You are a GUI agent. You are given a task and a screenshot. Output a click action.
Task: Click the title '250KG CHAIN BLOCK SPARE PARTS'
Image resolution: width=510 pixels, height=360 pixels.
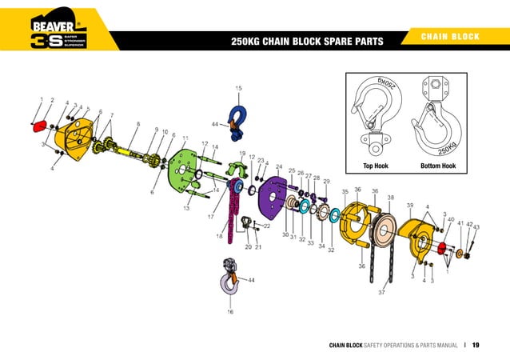(307, 41)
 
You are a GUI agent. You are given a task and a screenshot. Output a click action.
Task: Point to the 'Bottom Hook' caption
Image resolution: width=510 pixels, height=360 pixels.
(438, 166)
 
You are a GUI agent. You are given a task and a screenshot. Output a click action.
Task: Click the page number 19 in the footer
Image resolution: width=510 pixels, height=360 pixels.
(475, 346)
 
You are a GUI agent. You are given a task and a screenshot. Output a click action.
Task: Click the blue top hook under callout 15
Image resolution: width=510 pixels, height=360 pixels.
(238, 120)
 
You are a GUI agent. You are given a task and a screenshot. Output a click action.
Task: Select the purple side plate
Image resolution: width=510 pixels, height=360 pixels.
(273, 201)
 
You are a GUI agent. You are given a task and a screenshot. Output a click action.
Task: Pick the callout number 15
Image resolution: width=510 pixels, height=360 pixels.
(238, 87)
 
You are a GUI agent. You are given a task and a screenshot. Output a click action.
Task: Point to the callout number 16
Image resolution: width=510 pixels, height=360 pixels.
(230, 311)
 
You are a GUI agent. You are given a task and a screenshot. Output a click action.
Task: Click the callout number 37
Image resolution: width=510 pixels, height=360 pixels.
(382, 293)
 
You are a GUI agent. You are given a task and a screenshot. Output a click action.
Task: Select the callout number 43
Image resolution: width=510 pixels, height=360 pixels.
(476, 228)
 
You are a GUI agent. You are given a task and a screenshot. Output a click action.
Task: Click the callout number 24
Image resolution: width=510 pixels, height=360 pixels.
(278, 167)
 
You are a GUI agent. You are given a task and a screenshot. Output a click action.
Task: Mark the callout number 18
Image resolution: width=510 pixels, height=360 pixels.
(218, 236)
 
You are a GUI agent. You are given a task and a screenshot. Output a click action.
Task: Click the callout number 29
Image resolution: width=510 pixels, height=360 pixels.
(326, 182)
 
